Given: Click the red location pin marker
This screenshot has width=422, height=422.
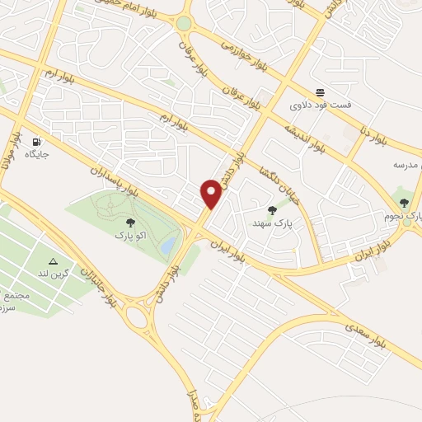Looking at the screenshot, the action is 212,195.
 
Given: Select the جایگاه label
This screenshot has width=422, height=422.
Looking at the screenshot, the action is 37,154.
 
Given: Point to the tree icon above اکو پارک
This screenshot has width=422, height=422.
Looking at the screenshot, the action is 129,222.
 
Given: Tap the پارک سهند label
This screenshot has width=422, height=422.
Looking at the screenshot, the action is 274,223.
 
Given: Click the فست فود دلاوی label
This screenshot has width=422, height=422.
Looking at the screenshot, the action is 321,105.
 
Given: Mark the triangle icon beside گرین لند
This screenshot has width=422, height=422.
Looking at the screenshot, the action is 54,261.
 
